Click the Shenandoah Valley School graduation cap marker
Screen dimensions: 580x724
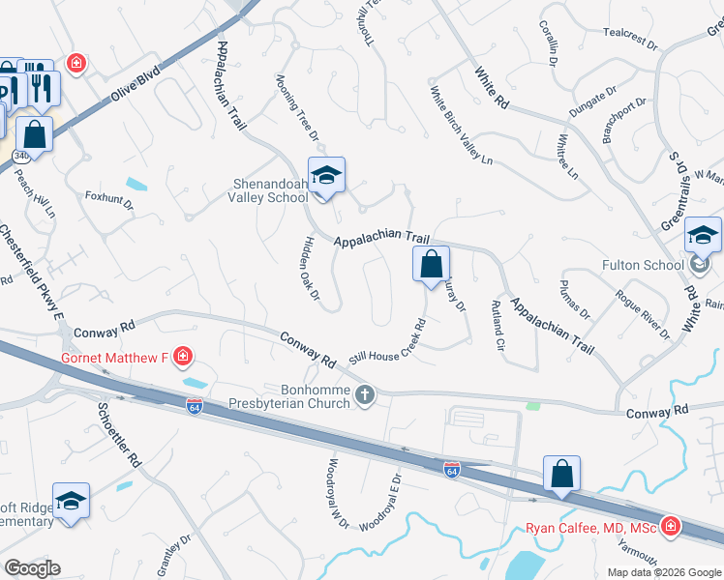[327, 175]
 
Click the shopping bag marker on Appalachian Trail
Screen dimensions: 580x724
[431, 263]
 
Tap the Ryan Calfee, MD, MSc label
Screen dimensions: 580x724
[590, 528]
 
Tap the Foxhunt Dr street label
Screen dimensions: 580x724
[108, 205]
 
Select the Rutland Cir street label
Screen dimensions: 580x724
[499, 326]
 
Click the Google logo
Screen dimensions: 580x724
[32, 568]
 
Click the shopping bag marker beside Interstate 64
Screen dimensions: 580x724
[561, 473]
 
